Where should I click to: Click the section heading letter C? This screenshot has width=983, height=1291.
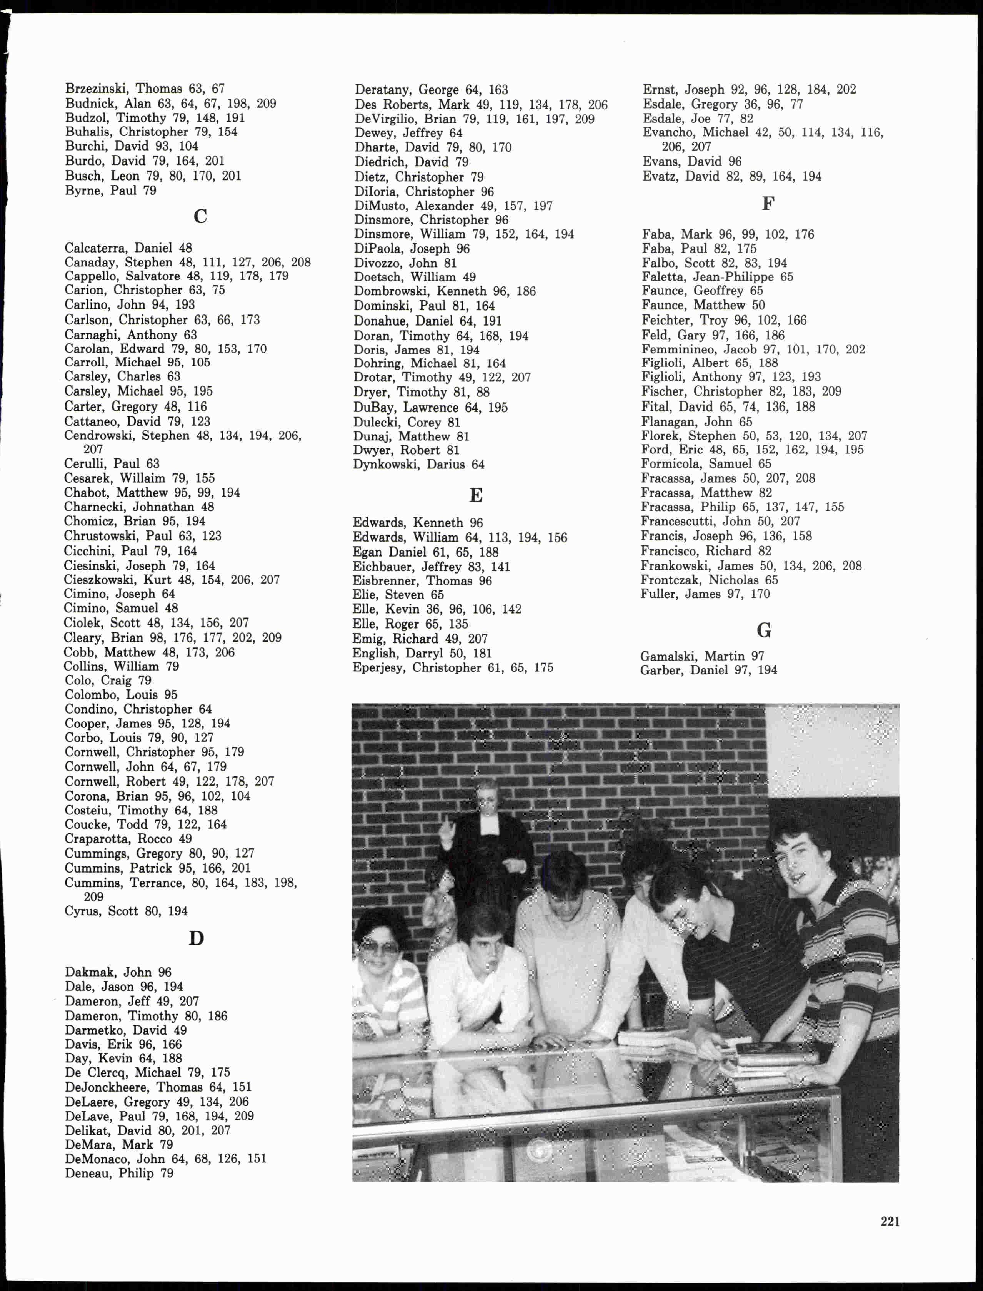pos(200,217)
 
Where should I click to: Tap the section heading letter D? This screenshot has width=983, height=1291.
pos(196,938)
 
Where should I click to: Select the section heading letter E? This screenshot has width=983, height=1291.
pos(476,495)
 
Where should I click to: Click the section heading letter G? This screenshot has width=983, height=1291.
pos(763,630)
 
